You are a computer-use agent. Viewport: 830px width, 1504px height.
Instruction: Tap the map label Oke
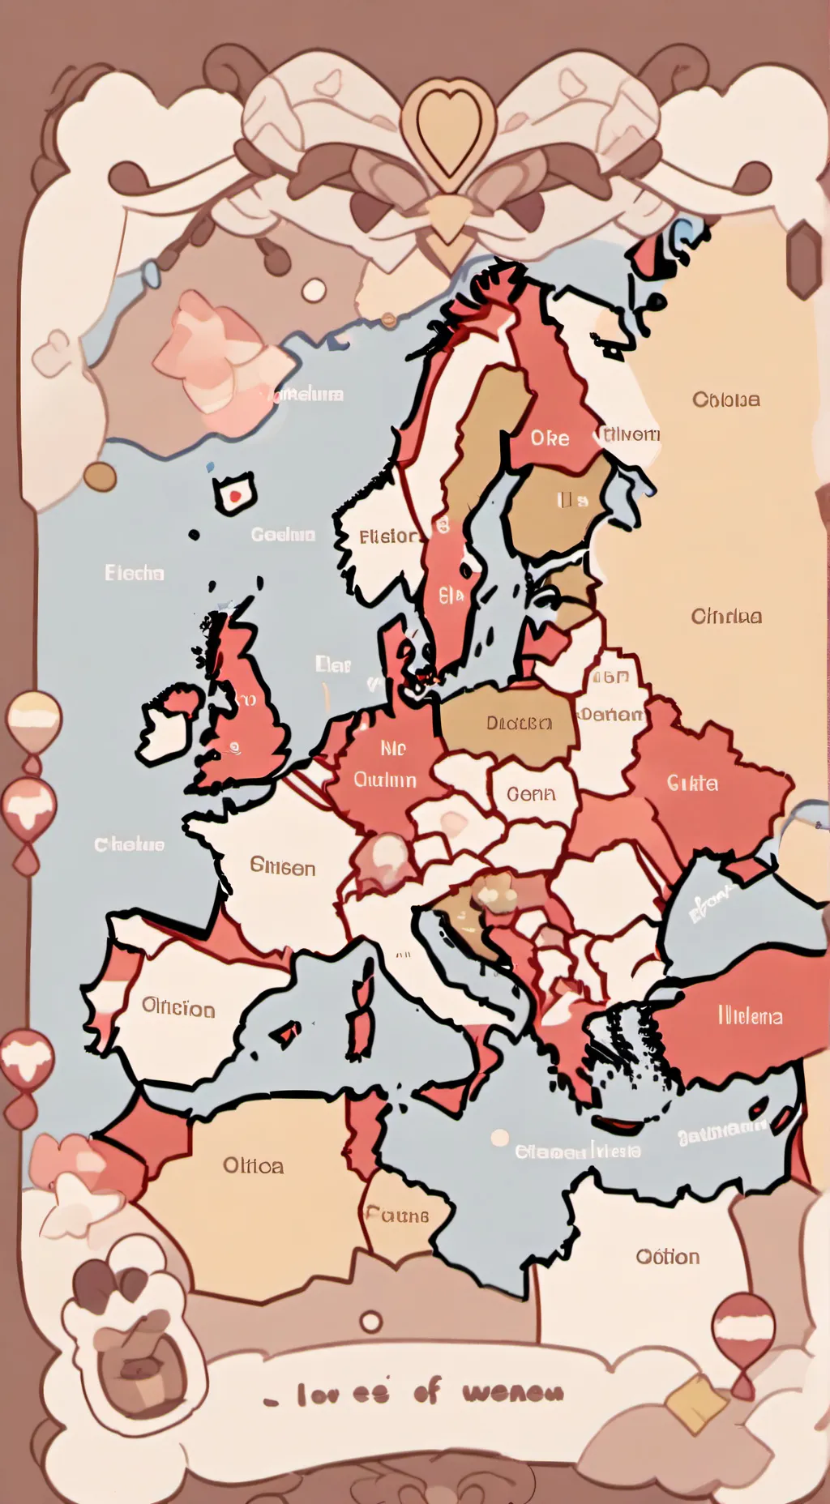click(550, 438)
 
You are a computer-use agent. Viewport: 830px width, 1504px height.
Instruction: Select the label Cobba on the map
click(726, 399)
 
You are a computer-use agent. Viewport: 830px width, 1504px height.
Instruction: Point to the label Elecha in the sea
click(135, 573)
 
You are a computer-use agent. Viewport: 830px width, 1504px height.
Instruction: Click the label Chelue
click(130, 844)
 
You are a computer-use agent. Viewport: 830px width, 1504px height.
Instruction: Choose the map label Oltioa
click(254, 1166)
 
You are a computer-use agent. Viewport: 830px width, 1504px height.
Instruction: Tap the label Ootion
click(668, 1257)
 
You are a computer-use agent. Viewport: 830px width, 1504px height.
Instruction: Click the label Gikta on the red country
click(692, 783)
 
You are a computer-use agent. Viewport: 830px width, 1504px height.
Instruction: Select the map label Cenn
click(532, 794)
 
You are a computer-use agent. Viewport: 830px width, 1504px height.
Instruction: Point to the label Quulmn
click(385, 780)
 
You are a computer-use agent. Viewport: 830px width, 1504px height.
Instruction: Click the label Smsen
click(283, 867)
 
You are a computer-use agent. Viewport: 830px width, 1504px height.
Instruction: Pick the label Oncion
click(178, 1008)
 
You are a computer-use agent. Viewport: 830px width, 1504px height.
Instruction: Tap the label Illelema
click(751, 1016)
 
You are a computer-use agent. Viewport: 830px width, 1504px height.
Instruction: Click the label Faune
click(397, 1216)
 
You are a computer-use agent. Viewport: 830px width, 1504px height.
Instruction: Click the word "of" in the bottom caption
click(427, 1391)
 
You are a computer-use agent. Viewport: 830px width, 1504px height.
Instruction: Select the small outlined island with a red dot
click(234, 493)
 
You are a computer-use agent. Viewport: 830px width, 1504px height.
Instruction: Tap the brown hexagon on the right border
click(805, 258)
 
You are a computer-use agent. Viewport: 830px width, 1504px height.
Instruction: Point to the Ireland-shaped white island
click(166, 724)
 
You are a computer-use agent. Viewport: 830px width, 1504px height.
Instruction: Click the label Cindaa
click(726, 617)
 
